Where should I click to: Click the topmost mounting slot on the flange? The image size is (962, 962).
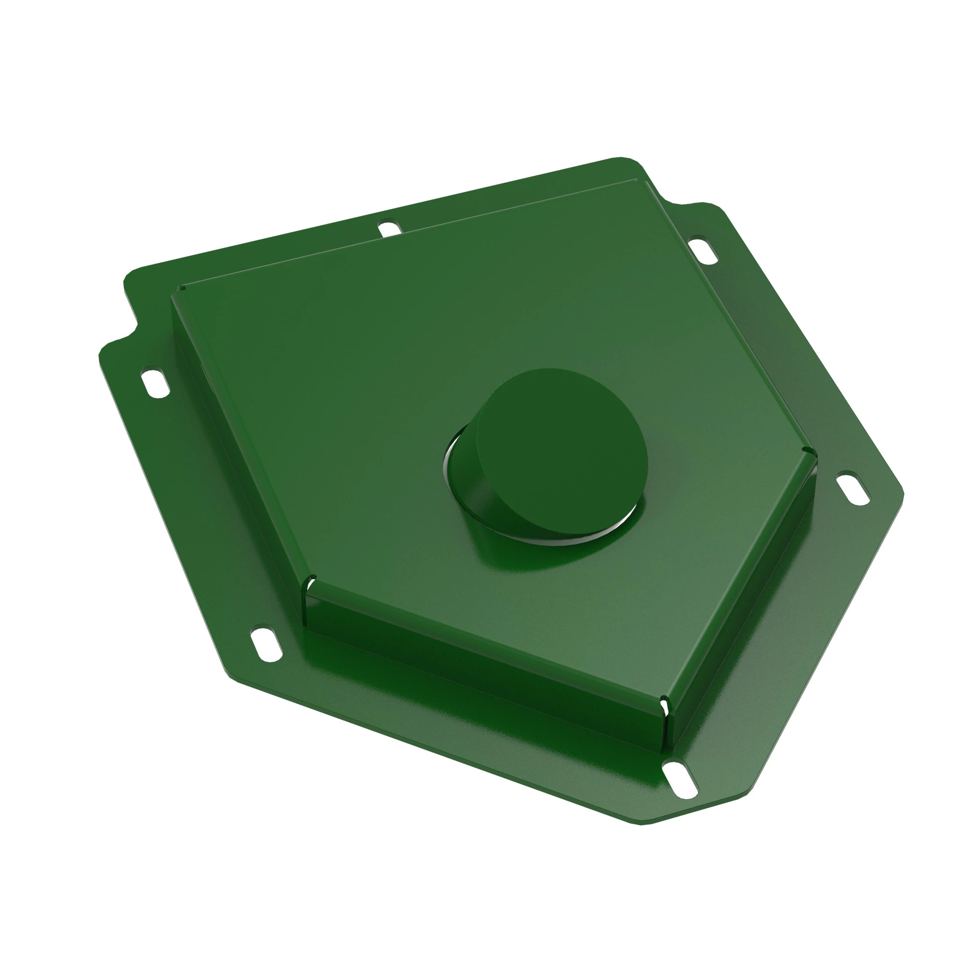[390, 228]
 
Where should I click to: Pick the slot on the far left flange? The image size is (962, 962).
[155, 382]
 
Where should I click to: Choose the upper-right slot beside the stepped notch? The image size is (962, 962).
[703, 250]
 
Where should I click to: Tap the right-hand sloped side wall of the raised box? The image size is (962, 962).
[742, 588]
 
